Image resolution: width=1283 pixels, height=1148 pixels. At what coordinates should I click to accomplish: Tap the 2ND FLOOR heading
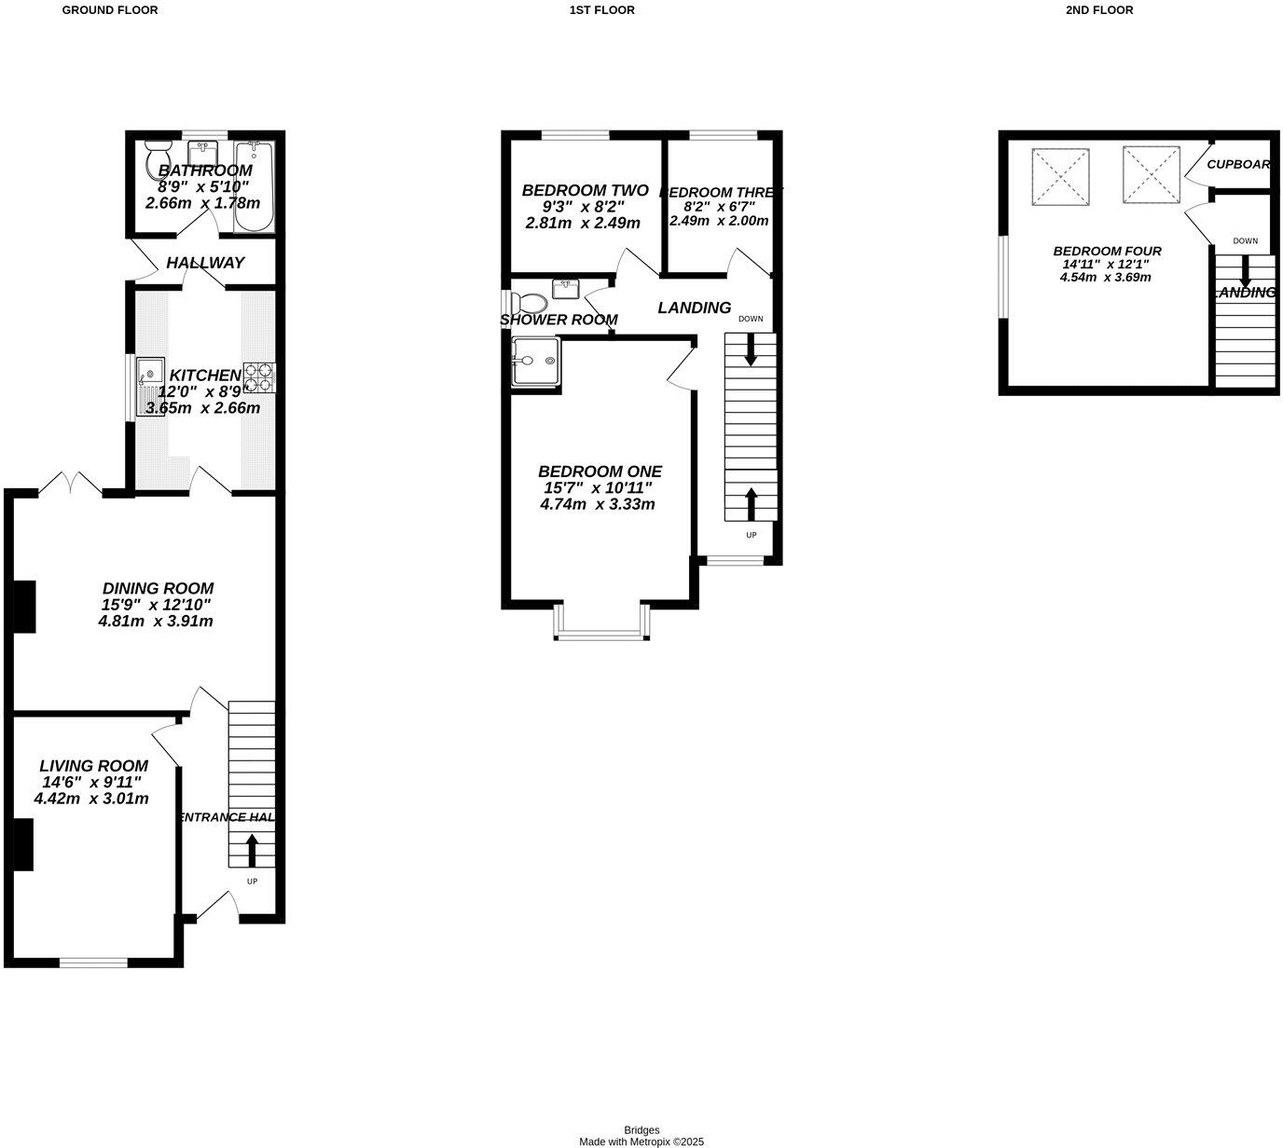(1098, 10)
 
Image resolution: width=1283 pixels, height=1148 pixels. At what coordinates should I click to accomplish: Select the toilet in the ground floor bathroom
(158, 162)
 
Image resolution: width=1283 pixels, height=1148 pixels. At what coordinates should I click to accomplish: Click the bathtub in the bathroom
(253, 185)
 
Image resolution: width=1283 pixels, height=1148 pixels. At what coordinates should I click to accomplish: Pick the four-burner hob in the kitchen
(259, 376)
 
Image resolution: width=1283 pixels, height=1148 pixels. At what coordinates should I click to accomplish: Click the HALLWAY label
(205, 263)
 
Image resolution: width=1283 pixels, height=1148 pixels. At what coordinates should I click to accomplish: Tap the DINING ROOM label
(158, 589)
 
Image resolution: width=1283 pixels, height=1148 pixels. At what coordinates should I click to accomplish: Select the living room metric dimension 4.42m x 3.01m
(91, 799)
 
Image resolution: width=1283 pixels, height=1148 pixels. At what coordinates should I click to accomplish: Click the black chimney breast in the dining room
(23, 607)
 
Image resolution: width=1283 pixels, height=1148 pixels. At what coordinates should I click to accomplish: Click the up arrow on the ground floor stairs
(252, 850)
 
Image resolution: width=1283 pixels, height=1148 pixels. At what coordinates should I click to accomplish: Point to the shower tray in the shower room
(535, 362)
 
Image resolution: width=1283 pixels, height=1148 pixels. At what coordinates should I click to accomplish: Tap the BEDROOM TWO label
(572, 190)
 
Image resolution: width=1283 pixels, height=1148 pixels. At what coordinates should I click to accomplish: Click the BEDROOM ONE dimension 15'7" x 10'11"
(598, 487)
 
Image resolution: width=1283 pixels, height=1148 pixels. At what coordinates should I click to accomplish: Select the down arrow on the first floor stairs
(751, 352)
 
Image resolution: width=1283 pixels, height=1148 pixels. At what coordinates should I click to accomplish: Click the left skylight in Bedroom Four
(1061, 177)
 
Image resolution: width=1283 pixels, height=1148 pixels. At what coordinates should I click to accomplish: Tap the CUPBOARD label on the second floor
(1238, 164)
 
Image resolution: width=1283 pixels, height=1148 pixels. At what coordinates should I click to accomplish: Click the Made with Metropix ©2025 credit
(641, 1141)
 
